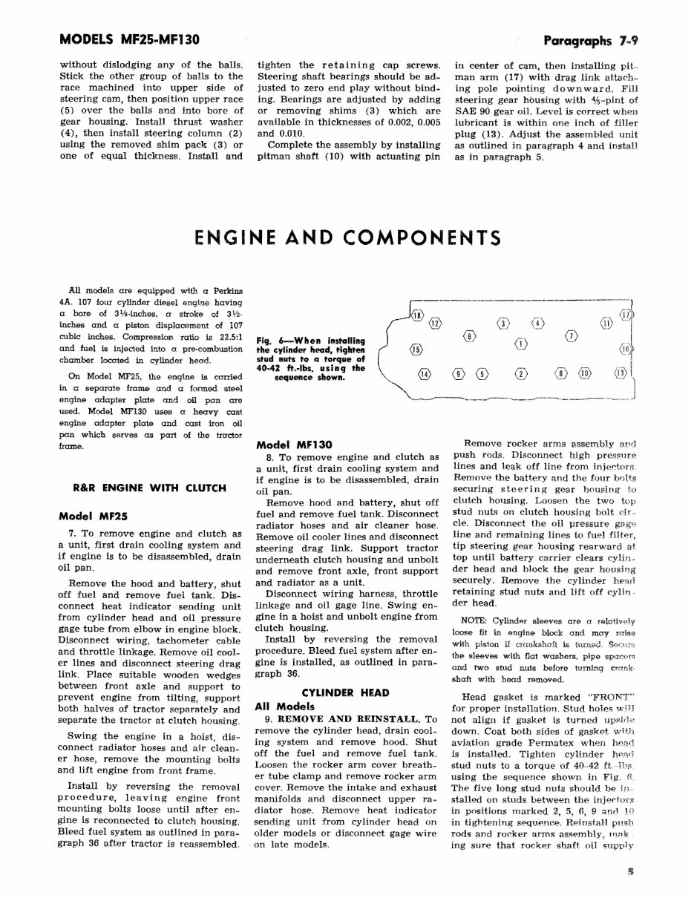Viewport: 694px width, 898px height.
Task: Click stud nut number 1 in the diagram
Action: [521, 343]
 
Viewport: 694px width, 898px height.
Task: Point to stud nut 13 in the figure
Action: [620, 373]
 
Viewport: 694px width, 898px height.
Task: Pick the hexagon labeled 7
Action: [572, 338]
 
